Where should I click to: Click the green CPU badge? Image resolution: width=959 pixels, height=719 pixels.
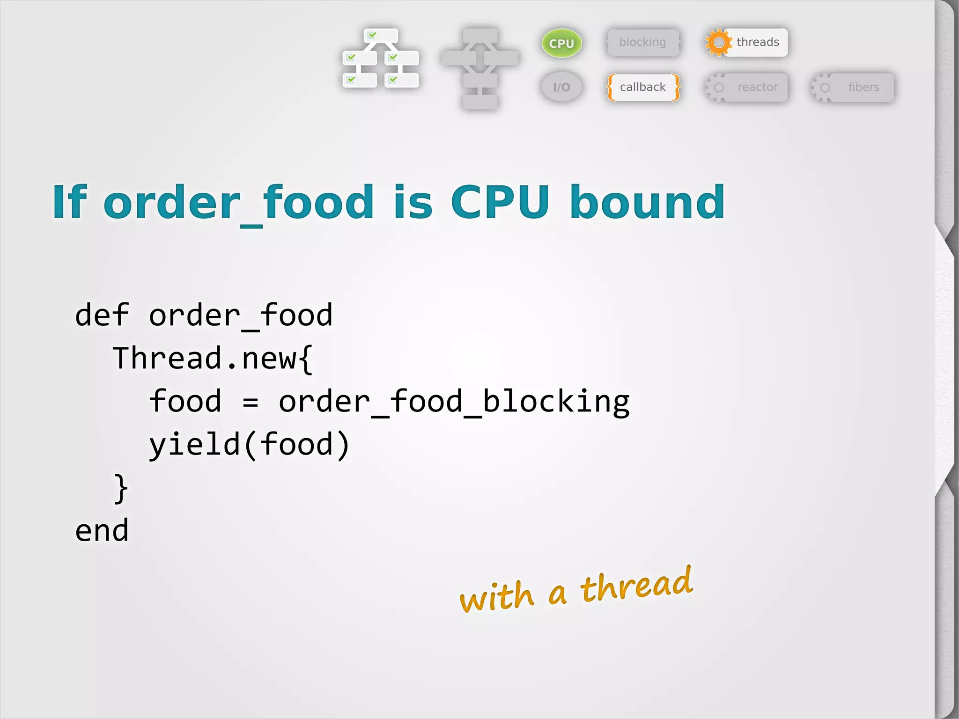[x=561, y=43]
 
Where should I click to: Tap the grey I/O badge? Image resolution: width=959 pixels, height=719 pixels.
[x=561, y=87]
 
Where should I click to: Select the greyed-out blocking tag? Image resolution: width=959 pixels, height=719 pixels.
[x=642, y=42]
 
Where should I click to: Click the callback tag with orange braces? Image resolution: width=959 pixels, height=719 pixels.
[x=642, y=87]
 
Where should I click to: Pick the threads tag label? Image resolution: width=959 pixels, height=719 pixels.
[x=758, y=42]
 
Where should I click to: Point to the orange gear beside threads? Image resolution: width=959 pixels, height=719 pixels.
[x=718, y=43]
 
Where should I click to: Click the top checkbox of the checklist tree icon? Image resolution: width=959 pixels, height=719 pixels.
[x=372, y=35]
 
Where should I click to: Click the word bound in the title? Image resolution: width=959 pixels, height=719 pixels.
[x=647, y=202]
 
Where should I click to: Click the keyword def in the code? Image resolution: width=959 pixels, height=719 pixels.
[x=102, y=315]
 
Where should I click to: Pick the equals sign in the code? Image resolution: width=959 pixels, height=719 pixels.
[x=251, y=402]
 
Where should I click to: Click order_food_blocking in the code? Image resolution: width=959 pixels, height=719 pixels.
[x=454, y=402]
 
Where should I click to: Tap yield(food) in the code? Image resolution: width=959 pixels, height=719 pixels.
[x=249, y=445]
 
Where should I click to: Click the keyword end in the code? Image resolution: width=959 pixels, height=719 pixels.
[x=102, y=531]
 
